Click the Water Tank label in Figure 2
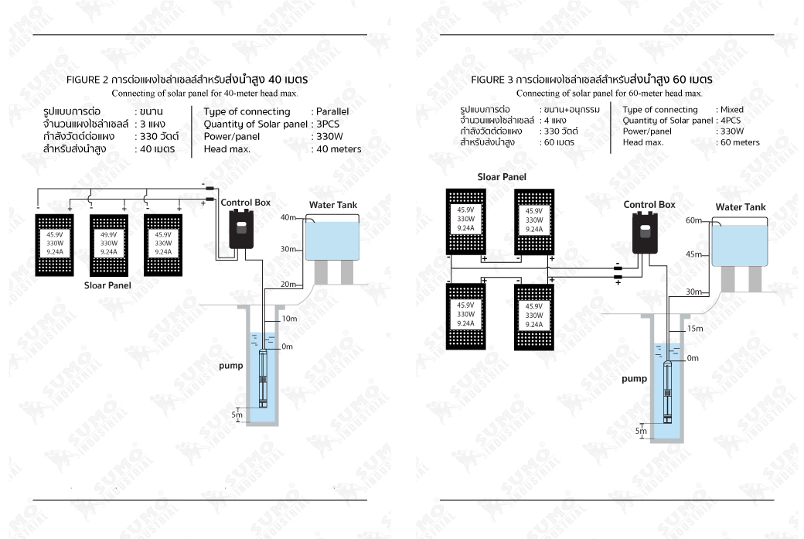pyautogui.click(x=333, y=205)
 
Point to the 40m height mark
pyautogui.click(x=288, y=217)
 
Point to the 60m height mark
pyautogui.click(x=693, y=220)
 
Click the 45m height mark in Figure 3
pyautogui.click(x=693, y=254)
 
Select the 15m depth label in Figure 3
pyautogui.click(x=695, y=329)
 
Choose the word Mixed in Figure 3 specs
pyautogui.click(x=731, y=110)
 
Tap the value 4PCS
pyautogui.click(x=730, y=121)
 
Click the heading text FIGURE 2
pyautogui.click(x=87, y=80)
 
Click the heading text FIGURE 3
pyautogui.click(x=492, y=80)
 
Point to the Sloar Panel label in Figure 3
pyautogui.click(x=502, y=177)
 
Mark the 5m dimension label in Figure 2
pyautogui.click(x=237, y=415)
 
